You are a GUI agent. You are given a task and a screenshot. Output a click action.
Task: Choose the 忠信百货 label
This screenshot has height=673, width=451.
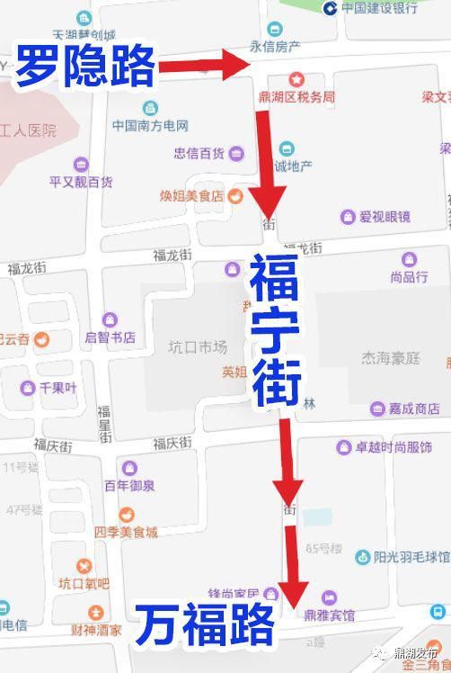[199, 153]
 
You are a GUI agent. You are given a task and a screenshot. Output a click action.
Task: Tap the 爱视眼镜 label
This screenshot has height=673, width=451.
[385, 217]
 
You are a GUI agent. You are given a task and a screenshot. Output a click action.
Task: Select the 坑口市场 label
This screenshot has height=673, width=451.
[198, 347]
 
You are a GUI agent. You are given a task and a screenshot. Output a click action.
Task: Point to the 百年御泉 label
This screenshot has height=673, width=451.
[129, 486]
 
